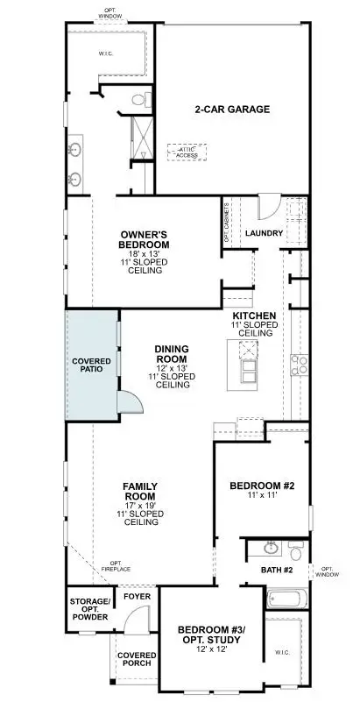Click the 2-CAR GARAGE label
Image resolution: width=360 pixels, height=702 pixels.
click(x=231, y=110)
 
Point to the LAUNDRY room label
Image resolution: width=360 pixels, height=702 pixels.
click(x=262, y=233)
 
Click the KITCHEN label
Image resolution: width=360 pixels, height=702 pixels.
click(x=255, y=315)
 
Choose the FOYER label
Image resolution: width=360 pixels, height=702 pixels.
click(x=136, y=596)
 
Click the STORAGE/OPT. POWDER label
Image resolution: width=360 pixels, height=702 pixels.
click(x=90, y=609)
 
